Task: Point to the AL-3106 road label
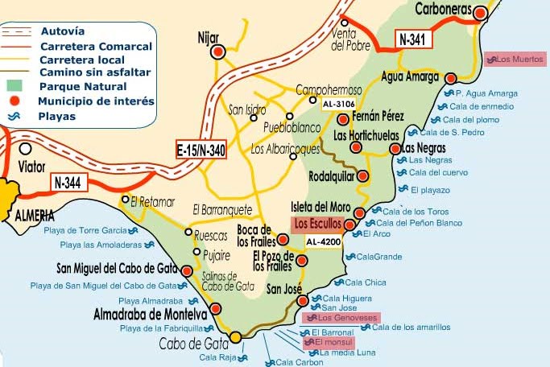point(338,105)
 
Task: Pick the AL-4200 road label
point(325,241)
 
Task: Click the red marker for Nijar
point(217,53)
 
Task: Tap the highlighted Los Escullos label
point(318,223)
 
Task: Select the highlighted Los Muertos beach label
point(515,59)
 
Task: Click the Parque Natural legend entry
point(83,86)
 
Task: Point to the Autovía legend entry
point(61,31)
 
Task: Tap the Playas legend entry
point(56,116)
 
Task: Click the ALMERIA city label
point(34,215)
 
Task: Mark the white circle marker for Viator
point(26,149)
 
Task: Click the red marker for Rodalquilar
point(362,175)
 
